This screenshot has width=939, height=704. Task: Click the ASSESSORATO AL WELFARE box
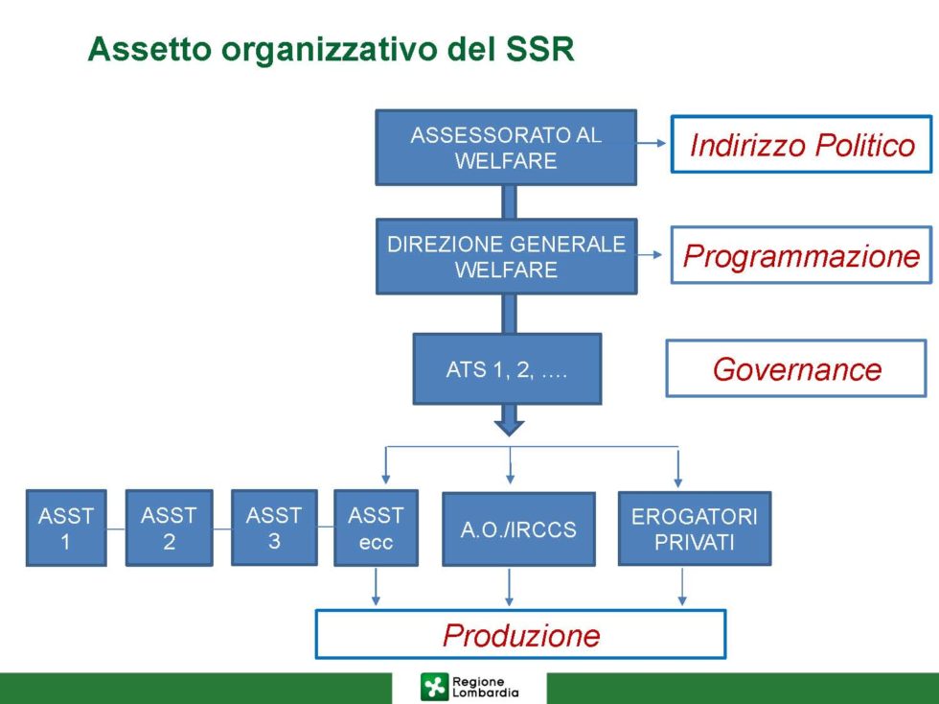click(506, 148)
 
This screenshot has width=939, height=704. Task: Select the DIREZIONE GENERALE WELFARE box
click(507, 257)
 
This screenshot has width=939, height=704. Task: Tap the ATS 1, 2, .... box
click(507, 369)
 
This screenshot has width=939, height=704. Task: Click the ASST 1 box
click(66, 528)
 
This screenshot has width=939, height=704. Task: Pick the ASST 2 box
click(170, 528)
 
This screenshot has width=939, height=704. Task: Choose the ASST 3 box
click(274, 528)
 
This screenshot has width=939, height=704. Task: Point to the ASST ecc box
click(376, 528)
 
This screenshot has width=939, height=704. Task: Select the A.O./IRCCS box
click(518, 529)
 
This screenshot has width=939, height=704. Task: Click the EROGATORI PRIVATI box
click(695, 528)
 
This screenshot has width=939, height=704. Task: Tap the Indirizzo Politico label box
click(802, 145)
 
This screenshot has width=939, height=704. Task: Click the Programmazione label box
click(801, 255)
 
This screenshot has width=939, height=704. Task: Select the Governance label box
click(796, 369)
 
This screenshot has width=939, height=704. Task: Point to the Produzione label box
click(521, 634)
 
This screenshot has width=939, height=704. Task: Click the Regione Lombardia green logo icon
click(434, 687)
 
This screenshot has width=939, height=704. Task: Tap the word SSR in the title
click(540, 49)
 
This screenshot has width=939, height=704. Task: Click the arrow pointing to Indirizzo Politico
click(651, 143)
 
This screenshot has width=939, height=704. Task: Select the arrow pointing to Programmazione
click(650, 254)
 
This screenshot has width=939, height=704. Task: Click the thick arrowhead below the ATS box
click(510, 427)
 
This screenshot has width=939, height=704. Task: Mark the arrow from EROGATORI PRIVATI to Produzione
click(682, 586)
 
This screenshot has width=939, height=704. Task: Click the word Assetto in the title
click(149, 49)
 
